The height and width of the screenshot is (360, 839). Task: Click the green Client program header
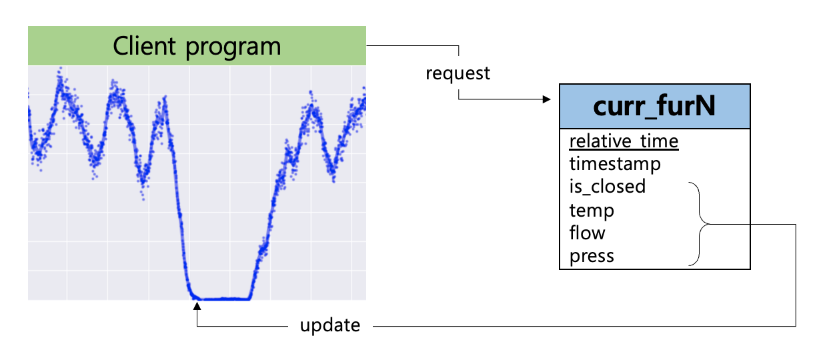(197, 46)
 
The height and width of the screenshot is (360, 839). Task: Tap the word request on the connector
(458, 73)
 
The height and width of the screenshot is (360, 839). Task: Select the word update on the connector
(329, 326)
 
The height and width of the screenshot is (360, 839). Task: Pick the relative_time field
(623, 141)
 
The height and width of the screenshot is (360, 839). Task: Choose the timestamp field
(614, 164)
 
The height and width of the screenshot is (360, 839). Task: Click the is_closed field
(607, 186)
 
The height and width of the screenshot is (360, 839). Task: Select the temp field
(592, 211)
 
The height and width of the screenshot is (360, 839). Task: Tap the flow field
(587, 233)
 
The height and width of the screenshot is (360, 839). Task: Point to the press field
(592, 256)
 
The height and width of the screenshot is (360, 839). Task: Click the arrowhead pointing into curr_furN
(547, 100)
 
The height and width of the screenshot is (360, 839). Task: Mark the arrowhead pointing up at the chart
(197, 307)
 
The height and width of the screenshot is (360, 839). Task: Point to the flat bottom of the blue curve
(220, 299)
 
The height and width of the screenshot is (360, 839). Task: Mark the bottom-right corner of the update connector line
(796, 326)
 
